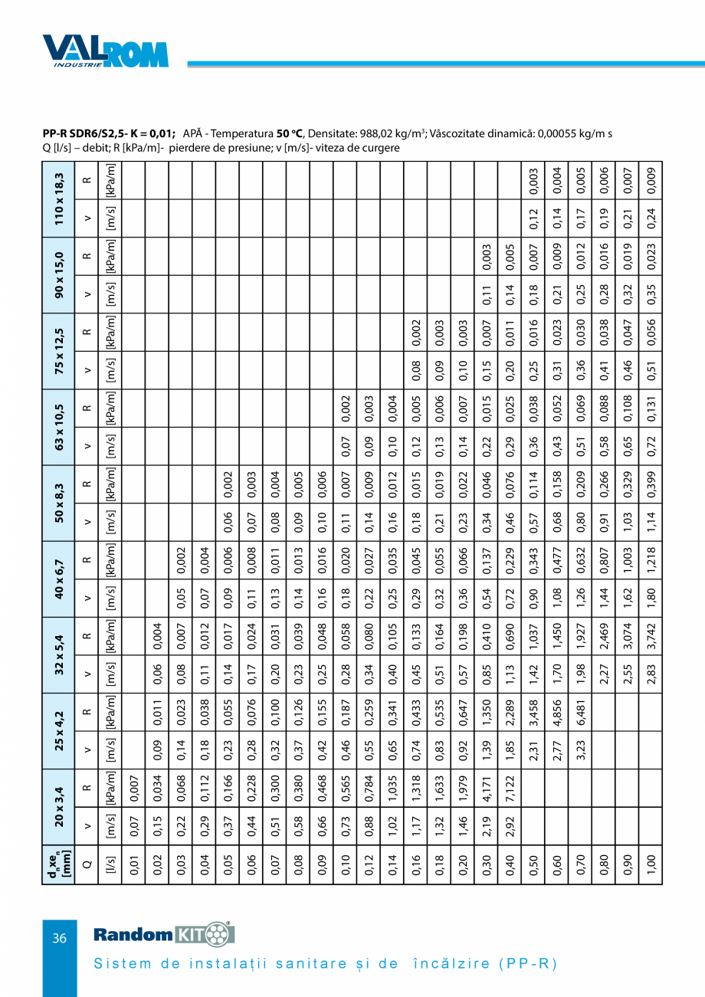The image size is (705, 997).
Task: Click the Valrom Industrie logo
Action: [x=105, y=52]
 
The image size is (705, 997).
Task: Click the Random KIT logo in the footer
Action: [x=163, y=934]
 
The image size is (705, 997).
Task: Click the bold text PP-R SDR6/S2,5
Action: [x=85, y=133]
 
